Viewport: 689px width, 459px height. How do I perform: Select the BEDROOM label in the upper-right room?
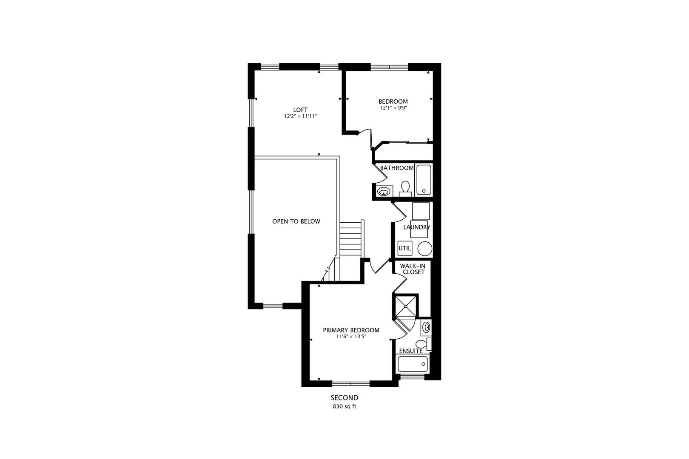pyautogui.click(x=393, y=101)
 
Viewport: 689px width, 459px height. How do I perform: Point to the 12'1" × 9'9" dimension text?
pyautogui.click(x=393, y=108)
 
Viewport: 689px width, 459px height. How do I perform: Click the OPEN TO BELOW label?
pyautogui.click(x=296, y=221)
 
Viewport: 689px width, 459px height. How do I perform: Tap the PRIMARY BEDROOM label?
pyautogui.click(x=351, y=330)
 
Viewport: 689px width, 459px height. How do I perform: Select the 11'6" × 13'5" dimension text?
pyautogui.click(x=351, y=337)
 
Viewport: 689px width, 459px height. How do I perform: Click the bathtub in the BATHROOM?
pyautogui.click(x=424, y=180)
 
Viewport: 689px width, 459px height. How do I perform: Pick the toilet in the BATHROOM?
pyautogui.click(x=405, y=188)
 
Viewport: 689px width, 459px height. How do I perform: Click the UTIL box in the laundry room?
pyautogui.click(x=404, y=248)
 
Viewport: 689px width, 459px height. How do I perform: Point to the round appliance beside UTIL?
pyautogui.click(x=424, y=248)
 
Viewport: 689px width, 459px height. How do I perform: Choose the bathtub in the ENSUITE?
pyautogui.click(x=413, y=364)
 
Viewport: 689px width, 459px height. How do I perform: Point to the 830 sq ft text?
pyautogui.click(x=344, y=406)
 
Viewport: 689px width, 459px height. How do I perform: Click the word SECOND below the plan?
pyautogui.click(x=344, y=398)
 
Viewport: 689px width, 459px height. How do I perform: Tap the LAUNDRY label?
pyautogui.click(x=416, y=227)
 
